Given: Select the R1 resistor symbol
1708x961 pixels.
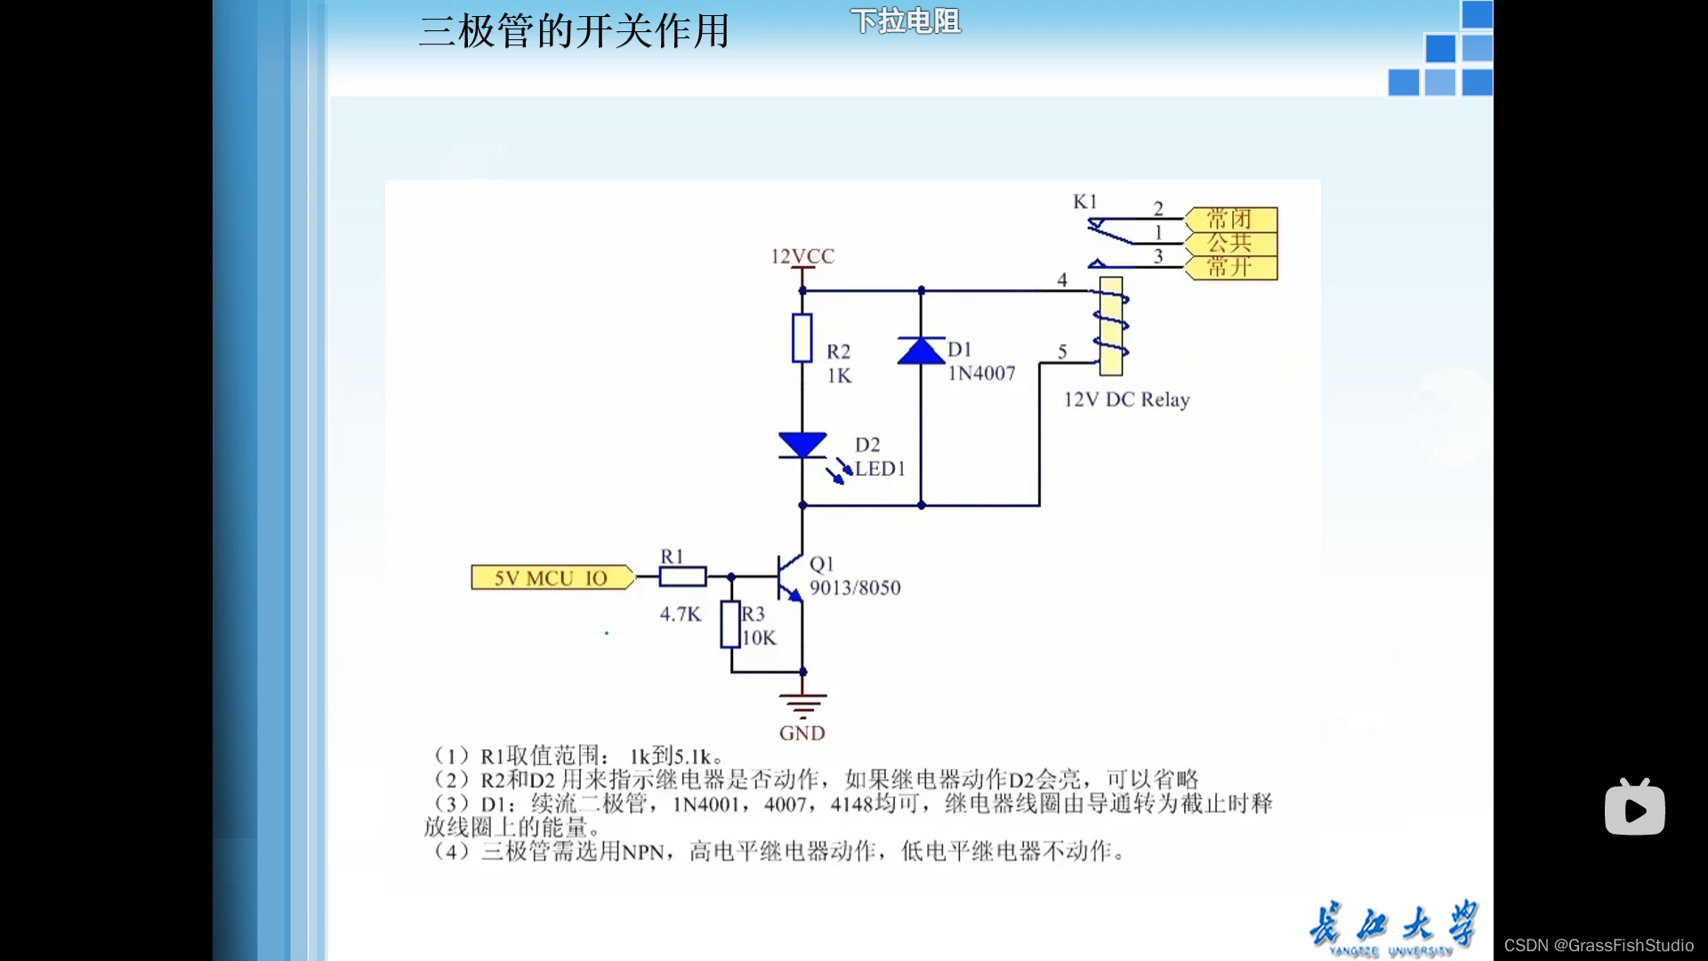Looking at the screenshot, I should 682,577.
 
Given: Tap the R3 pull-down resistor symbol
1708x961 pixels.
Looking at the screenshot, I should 731,625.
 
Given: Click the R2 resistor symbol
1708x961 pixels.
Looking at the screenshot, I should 802,338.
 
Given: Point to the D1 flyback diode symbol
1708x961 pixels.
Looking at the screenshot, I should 921,351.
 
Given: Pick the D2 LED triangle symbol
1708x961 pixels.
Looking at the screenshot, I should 802,445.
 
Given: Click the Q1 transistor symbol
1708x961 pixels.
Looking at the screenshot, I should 789,577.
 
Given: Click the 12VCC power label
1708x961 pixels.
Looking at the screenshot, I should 802,256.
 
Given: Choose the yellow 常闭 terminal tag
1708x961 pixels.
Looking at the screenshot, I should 1231,219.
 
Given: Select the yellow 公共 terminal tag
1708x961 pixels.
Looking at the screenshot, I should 1231,243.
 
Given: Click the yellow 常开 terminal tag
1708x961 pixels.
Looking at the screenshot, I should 1231,267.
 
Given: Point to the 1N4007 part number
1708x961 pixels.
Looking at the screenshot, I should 981,374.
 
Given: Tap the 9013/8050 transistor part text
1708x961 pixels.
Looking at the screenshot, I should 855,588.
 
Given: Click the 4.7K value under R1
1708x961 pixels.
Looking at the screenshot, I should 681,614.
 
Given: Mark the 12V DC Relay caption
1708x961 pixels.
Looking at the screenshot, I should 1126,400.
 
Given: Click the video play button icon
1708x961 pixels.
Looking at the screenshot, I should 1634,808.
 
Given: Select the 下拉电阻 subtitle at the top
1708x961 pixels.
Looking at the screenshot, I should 906,21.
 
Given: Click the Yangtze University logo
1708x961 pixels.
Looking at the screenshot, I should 1392,927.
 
